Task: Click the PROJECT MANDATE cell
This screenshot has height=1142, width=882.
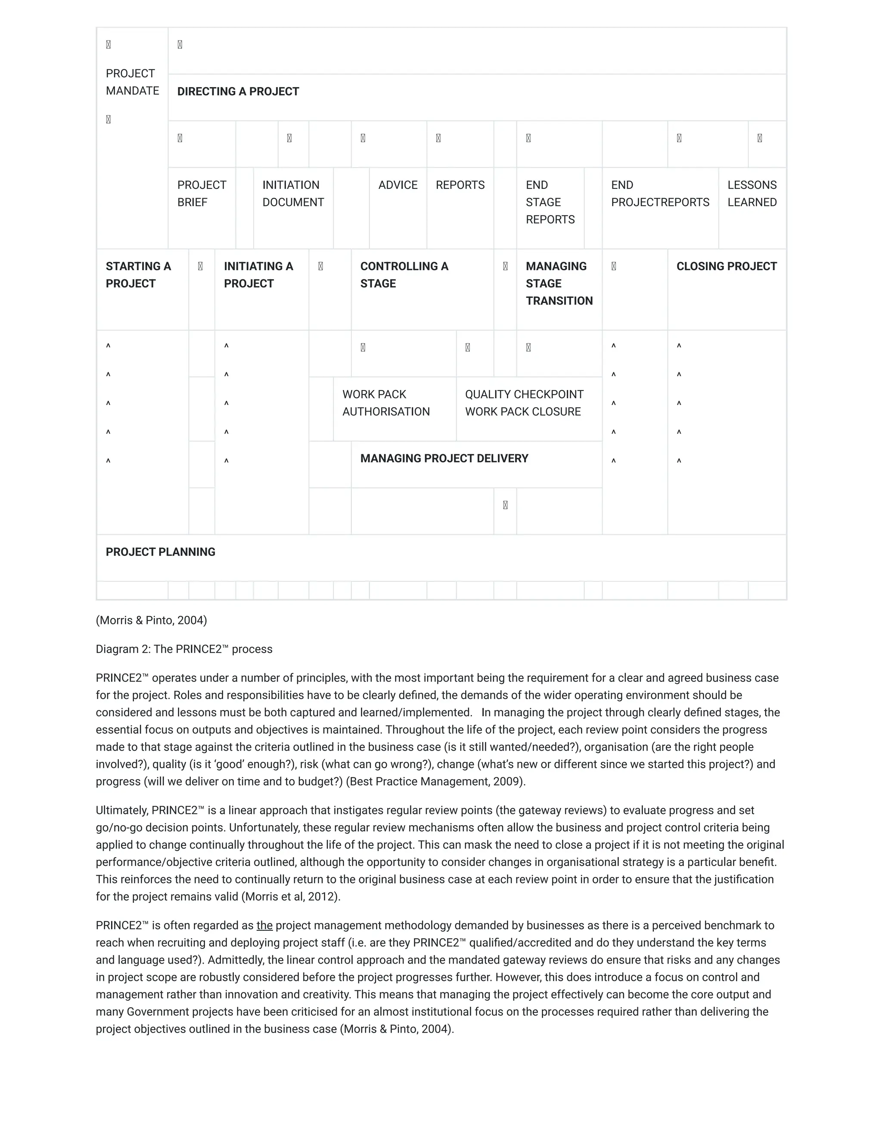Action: (x=132, y=82)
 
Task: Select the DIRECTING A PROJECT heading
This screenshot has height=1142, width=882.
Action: (x=238, y=91)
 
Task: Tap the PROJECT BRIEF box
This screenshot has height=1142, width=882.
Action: (x=202, y=193)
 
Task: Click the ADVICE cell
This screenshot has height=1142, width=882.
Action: (x=398, y=185)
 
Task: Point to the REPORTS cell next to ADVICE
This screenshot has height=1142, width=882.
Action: (x=460, y=185)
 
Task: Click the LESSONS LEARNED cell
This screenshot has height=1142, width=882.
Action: (x=752, y=193)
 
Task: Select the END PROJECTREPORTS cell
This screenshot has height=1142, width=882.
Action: (x=659, y=193)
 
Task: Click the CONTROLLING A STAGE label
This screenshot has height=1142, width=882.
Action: (x=404, y=275)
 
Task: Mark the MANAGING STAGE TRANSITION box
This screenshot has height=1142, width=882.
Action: (x=559, y=284)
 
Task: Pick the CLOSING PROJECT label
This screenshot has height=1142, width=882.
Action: (x=726, y=266)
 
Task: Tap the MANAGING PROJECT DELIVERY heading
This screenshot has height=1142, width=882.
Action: (x=444, y=459)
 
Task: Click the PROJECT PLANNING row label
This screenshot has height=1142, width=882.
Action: (x=160, y=552)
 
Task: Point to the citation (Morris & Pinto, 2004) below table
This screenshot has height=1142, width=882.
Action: (x=152, y=620)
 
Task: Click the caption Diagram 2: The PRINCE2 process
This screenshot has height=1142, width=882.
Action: (x=184, y=649)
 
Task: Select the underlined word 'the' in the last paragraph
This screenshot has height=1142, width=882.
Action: (x=264, y=926)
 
